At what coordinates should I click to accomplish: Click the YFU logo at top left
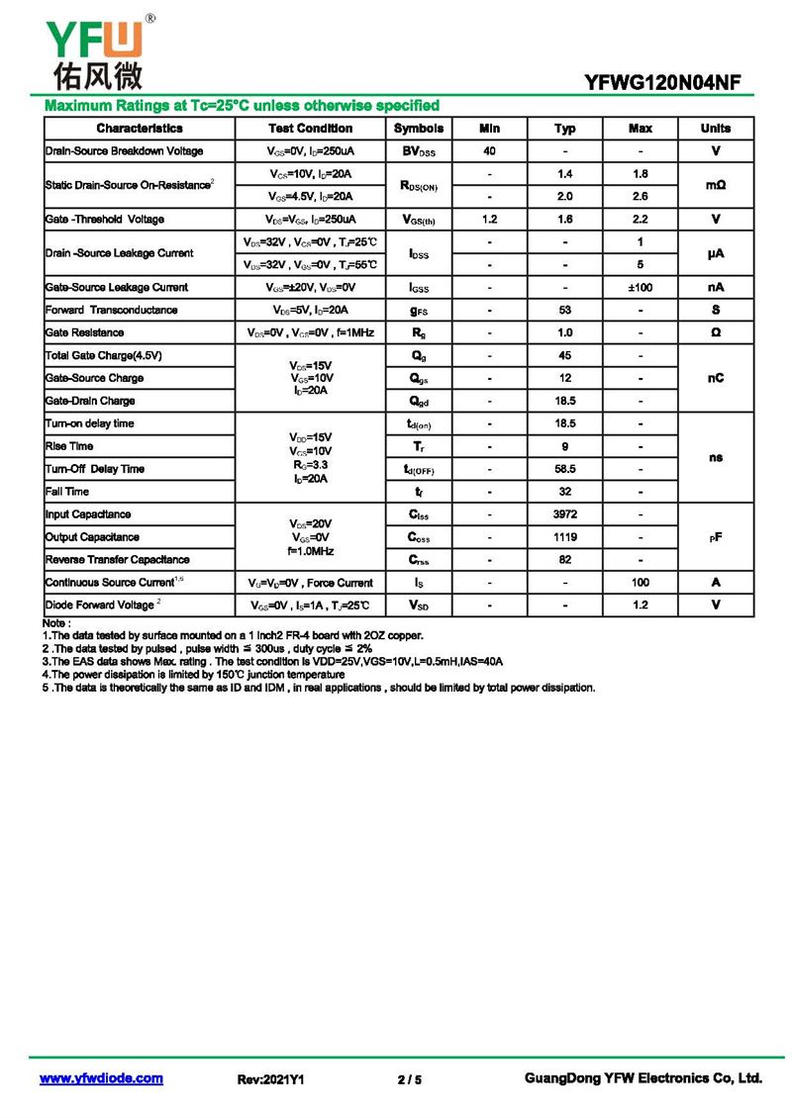tap(94, 49)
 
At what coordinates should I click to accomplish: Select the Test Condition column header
tap(310, 129)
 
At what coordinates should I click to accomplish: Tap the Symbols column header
tap(419, 129)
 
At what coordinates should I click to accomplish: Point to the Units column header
tap(715, 129)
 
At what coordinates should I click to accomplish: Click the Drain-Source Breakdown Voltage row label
tap(125, 151)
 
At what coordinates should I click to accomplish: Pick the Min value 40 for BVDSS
tap(489, 151)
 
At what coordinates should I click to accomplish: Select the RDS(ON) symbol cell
tap(419, 185)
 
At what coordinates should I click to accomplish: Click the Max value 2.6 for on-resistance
tap(641, 196)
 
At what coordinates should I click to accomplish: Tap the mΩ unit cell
tap(715, 185)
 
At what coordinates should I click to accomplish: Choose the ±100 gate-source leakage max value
tap(641, 287)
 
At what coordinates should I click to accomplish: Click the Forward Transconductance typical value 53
tap(564, 310)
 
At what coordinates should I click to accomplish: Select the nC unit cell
tap(715, 378)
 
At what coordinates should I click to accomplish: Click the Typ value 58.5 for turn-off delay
tap(564, 469)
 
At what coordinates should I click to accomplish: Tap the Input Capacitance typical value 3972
tap(564, 514)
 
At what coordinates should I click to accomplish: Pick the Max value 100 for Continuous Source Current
tap(641, 583)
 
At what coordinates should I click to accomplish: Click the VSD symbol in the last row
tap(419, 605)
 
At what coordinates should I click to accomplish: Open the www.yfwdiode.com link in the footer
tap(101, 1078)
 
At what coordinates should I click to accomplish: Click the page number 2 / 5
tap(409, 1079)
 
